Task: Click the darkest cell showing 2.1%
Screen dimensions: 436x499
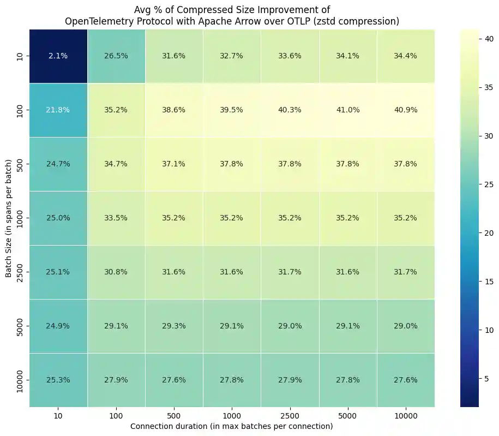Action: tap(58, 56)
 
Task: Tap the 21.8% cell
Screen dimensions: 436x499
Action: tap(58, 110)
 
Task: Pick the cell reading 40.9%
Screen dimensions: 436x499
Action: tap(406, 110)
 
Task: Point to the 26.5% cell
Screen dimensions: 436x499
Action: tap(116, 56)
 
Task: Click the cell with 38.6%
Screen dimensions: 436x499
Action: tap(174, 110)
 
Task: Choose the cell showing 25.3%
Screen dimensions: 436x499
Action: tap(58, 379)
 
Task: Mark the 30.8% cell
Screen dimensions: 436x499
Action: tap(116, 271)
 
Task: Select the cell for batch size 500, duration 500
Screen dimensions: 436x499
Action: tap(174, 164)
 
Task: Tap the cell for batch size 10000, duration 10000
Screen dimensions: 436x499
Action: tap(406, 379)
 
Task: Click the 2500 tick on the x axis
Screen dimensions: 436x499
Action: tap(290, 416)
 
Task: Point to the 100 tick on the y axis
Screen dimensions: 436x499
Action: tap(20, 110)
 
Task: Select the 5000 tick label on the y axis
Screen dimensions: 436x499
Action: tap(20, 325)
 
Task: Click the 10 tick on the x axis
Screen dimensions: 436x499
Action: tap(58, 416)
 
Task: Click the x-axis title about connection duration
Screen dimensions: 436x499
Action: tap(232, 426)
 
